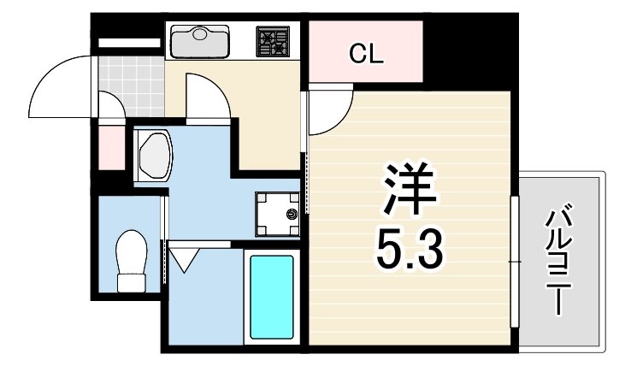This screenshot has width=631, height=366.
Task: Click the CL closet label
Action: (x=366, y=55)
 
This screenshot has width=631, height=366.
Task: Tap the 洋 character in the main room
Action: (x=410, y=188)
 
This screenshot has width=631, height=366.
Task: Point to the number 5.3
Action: (x=410, y=249)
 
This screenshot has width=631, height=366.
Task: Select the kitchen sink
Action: (x=199, y=41)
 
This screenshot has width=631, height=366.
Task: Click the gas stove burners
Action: (x=273, y=41)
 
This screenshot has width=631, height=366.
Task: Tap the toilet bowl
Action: (x=131, y=251)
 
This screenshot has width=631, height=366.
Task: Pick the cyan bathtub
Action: (x=272, y=297)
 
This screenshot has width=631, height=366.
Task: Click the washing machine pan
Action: (x=277, y=214)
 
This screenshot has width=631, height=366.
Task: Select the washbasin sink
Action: (x=155, y=155)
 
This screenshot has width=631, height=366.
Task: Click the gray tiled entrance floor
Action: (x=131, y=86)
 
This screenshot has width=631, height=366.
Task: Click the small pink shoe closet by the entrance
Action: (x=111, y=147)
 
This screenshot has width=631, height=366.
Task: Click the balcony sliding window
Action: (x=515, y=262)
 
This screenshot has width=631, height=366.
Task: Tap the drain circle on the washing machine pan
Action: (x=292, y=214)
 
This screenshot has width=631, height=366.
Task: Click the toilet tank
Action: (x=131, y=283)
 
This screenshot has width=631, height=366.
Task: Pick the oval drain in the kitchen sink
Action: (x=199, y=34)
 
